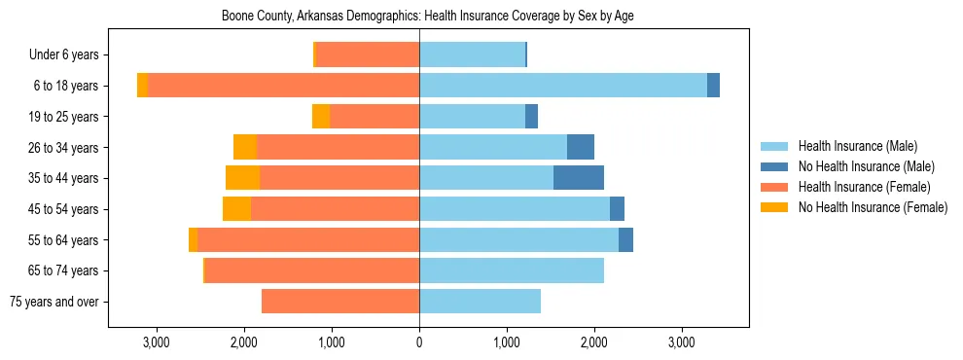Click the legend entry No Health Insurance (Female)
click(x=873, y=207)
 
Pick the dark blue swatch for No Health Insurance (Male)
click(x=774, y=166)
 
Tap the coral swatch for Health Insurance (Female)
click(x=774, y=187)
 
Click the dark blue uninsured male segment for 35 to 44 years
click(x=579, y=178)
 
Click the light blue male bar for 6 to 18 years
click(x=562, y=86)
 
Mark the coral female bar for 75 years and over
click(x=340, y=302)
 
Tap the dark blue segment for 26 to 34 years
click(x=581, y=147)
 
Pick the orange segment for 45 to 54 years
click(x=236, y=209)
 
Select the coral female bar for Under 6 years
click(x=368, y=54)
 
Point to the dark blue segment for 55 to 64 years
click(x=625, y=239)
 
